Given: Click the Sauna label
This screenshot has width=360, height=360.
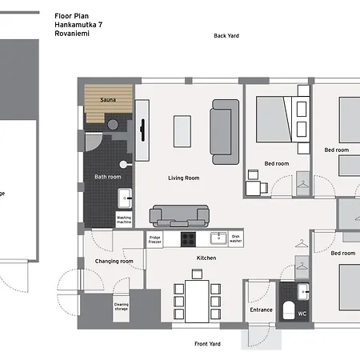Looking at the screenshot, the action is coord(108,100).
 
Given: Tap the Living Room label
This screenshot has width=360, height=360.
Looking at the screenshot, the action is coord(184,178).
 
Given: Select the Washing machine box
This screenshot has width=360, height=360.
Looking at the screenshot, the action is coord(124,219).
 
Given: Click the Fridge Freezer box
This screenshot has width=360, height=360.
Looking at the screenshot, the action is coord(154,239).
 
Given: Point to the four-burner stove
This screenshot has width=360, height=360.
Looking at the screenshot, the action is coord(188,239).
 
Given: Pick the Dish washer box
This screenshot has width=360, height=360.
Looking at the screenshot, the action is coord(236,238).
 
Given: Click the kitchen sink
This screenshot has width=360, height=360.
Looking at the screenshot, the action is coord(218,238).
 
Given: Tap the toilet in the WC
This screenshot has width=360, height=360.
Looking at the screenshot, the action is coord(289,310).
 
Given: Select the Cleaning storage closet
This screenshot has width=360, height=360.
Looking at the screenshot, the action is coord(121,308).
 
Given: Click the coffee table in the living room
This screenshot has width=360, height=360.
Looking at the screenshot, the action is coord(182,131).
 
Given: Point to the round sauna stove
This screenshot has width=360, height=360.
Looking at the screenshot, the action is coord(113,125).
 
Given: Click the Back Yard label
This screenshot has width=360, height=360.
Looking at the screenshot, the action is coord(226,36).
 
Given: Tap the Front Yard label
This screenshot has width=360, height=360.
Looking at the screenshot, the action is coord(207,344).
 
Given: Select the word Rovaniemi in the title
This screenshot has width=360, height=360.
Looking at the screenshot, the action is coord(72,34).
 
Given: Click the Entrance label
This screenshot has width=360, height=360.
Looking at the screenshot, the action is coord(262,310).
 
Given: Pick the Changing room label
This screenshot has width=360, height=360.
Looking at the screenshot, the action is coord(114,262).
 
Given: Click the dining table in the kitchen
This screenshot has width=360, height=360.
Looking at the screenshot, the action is coord(197,302).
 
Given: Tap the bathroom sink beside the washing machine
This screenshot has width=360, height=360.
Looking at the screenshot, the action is coord(125,198).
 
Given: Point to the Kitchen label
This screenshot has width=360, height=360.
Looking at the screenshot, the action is coord(206,258).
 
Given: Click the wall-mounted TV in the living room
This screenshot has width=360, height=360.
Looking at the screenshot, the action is coord(142,130).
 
